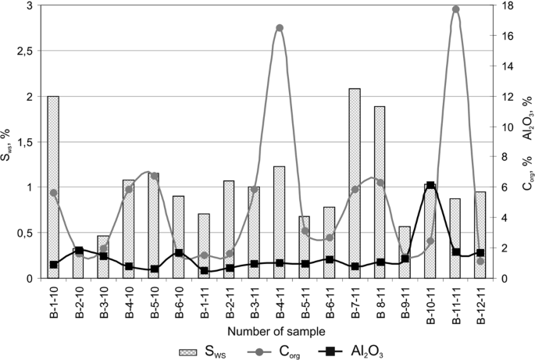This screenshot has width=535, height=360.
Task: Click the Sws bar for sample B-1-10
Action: (53, 187)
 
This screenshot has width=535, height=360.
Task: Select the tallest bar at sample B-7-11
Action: (355, 183)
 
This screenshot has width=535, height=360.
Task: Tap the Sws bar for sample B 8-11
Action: (380, 192)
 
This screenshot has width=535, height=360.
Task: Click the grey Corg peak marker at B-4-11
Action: (280, 28)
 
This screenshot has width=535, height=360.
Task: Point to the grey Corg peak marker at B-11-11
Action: (455, 9)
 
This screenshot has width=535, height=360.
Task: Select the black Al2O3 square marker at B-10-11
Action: (430, 186)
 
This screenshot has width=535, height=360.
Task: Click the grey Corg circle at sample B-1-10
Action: (53, 193)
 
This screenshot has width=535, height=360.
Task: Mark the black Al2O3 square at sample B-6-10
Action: (179, 253)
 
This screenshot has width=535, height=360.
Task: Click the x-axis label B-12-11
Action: (481, 306)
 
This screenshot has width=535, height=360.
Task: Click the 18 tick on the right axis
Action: (505, 6)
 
